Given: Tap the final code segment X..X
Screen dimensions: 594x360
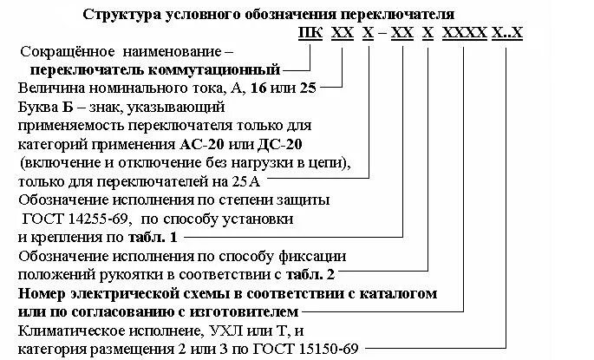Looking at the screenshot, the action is coord(507,34).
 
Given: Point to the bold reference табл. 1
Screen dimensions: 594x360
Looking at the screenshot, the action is coord(156,236).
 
